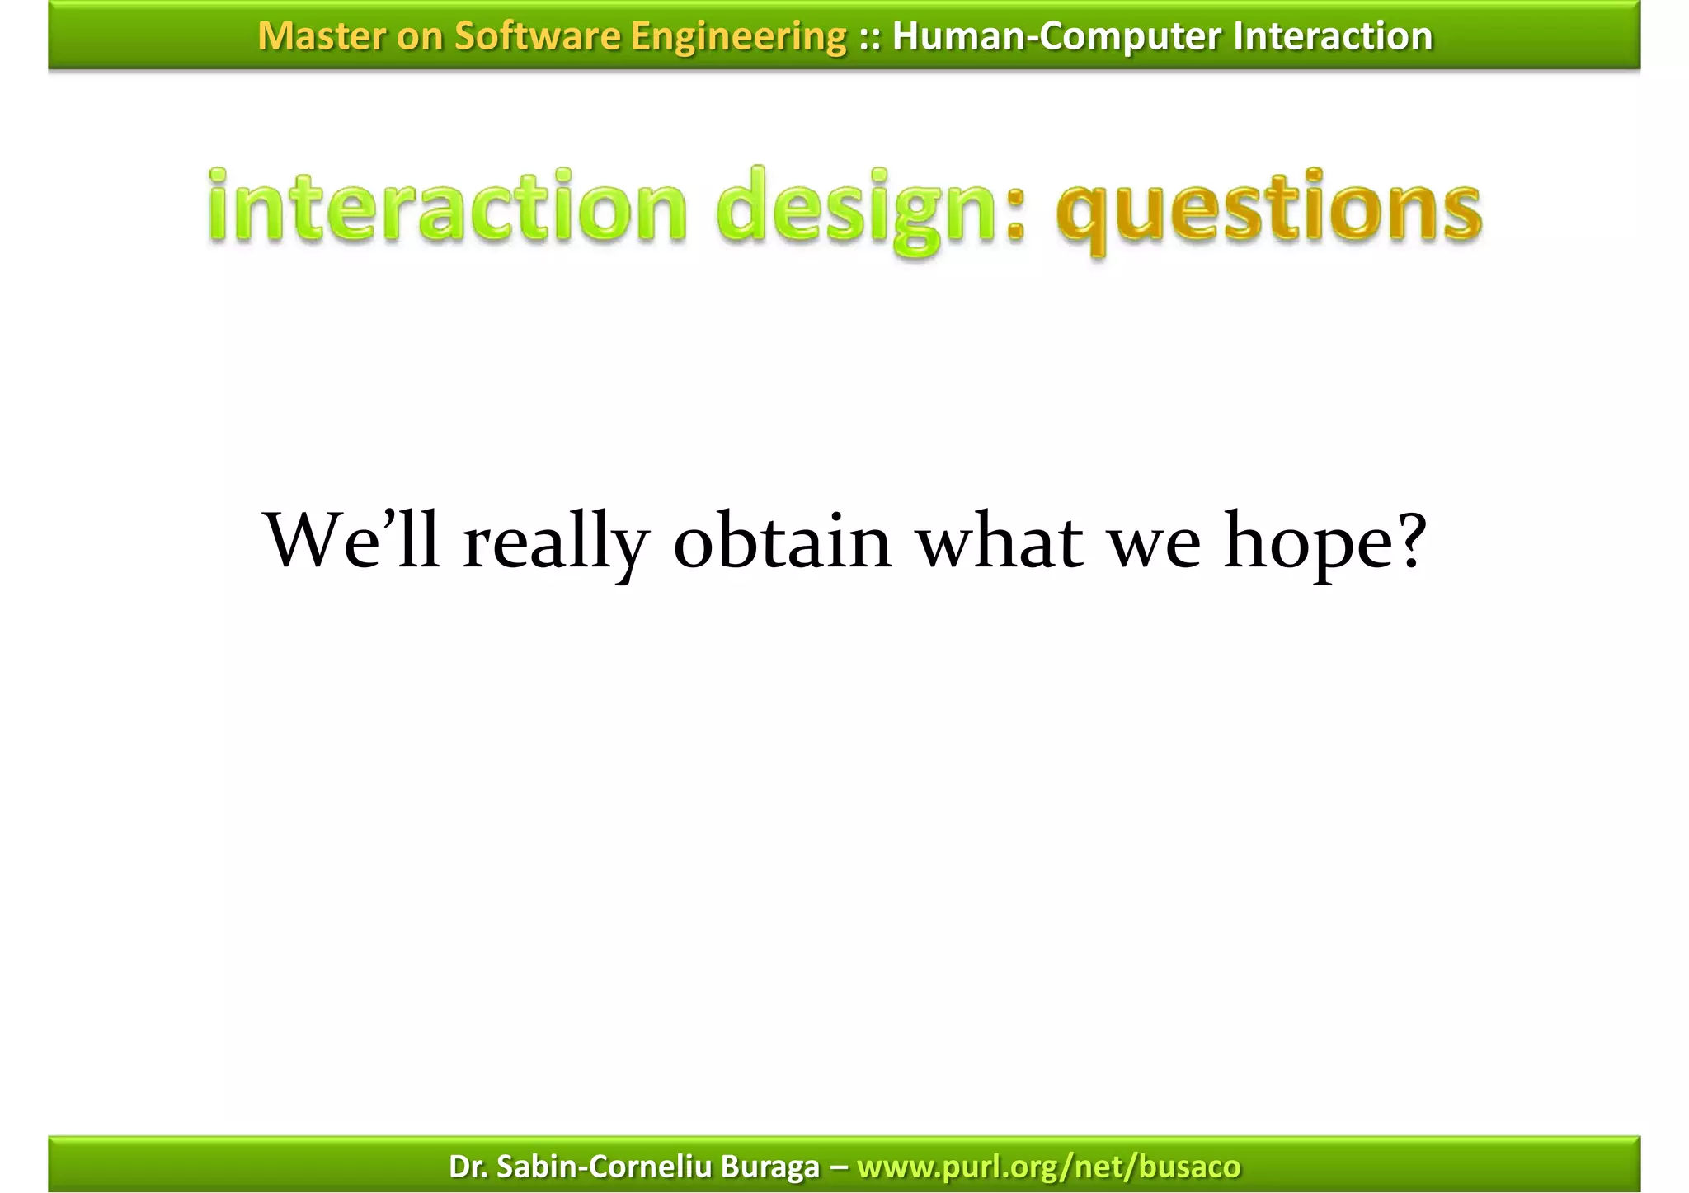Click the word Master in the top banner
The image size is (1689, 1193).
point(322,36)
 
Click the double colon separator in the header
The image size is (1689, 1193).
point(869,36)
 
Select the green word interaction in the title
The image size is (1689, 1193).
point(446,206)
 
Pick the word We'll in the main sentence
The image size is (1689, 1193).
point(351,540)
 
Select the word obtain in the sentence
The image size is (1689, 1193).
point(782,540)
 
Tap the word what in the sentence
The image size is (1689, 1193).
point(1000,540)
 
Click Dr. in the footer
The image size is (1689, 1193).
point(468,1167)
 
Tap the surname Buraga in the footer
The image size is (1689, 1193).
point(769,1167)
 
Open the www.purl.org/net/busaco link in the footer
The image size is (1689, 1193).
point(1048,1167)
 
